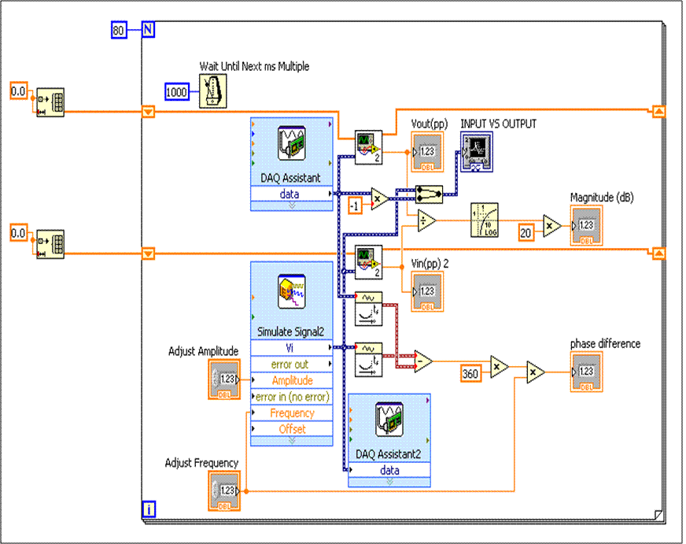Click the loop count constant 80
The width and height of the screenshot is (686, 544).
(x=119, y=31)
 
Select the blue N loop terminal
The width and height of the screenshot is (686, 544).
(x=148, y=31)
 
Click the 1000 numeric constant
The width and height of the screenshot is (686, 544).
(x=178, y=92)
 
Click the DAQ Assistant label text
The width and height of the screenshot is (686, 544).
(x=291, y=178)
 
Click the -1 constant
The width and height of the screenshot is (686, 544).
(x=355, y=205)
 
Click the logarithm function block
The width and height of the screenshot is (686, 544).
(x=485, y=220)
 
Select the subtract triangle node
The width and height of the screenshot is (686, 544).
(x=423, y=361)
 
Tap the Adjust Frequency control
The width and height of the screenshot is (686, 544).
(x=224, y=490)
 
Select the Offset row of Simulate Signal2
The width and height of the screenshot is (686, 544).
(x=292, y=429)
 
